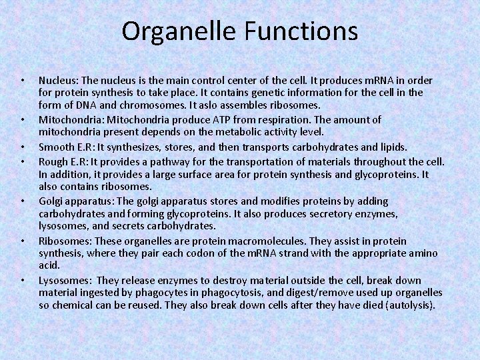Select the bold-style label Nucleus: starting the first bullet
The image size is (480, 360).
59,79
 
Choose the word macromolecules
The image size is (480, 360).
260,241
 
